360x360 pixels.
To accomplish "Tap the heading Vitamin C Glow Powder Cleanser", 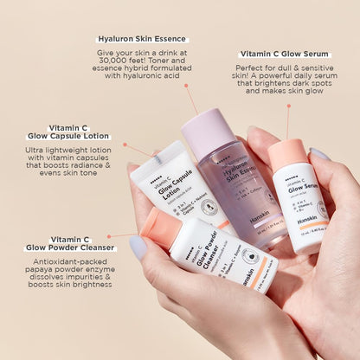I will coord(69,243).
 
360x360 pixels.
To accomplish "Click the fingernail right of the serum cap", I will coord(320,153).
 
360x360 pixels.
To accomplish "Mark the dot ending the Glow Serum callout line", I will coord(288,106).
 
